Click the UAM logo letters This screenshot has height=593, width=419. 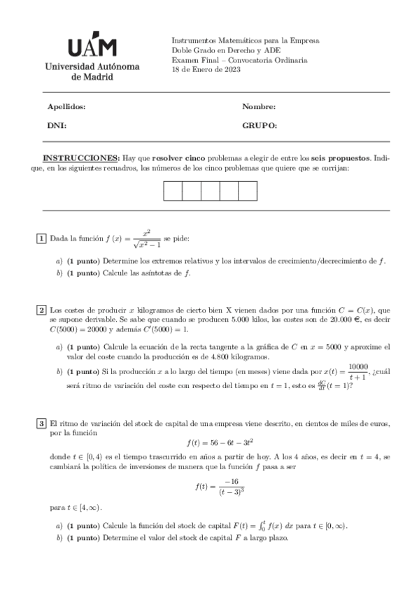tap(92, 47)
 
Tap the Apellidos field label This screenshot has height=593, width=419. tap(66, 107)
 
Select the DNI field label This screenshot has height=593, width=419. tap(56, 126)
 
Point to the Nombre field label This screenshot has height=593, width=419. tap(259, 107)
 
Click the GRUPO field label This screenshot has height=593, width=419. tap(260, 126)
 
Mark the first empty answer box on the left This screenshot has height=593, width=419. tap(173, 191)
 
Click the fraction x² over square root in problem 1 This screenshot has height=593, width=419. tap(146, 239)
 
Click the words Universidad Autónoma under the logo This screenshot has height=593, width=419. tap(92, 67)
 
